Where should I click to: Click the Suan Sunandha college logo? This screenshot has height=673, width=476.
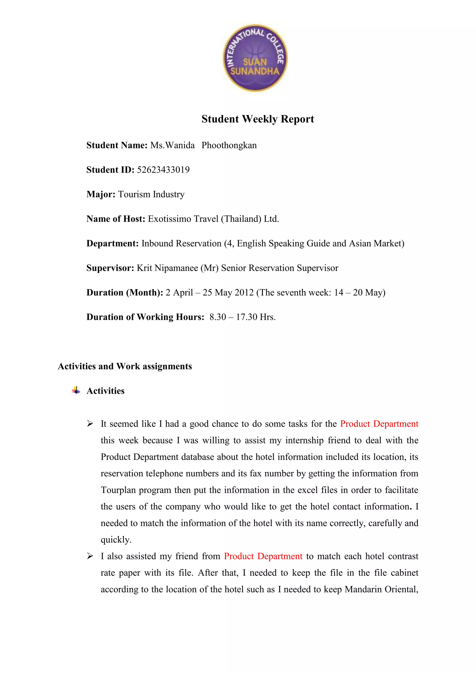click(x=255, y=58)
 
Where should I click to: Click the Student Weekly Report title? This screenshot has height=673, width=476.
click(x=258, y=119)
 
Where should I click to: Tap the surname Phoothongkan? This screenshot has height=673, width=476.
click(x=229, y=145)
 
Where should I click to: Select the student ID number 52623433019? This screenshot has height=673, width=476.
click(x=163, y=170)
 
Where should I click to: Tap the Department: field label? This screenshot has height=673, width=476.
click(x=112, y=244)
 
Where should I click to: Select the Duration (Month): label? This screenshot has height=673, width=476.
click(x=125, y=293)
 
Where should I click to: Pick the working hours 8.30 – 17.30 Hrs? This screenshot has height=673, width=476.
click(x=242, y=317)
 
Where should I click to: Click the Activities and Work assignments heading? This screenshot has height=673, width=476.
click(x=125, y=366)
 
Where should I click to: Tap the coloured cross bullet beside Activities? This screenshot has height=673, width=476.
click(x=76, y=390)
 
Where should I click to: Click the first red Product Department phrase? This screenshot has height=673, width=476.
click(x=379, y=424)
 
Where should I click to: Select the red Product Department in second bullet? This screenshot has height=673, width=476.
click(x=263, y=556)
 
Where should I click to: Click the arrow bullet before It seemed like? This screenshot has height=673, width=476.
click(x=90, y=424)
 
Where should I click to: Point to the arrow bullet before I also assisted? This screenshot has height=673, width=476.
click(x=90, y=556)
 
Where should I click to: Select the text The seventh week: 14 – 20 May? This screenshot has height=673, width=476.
click(x=321, y=293)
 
